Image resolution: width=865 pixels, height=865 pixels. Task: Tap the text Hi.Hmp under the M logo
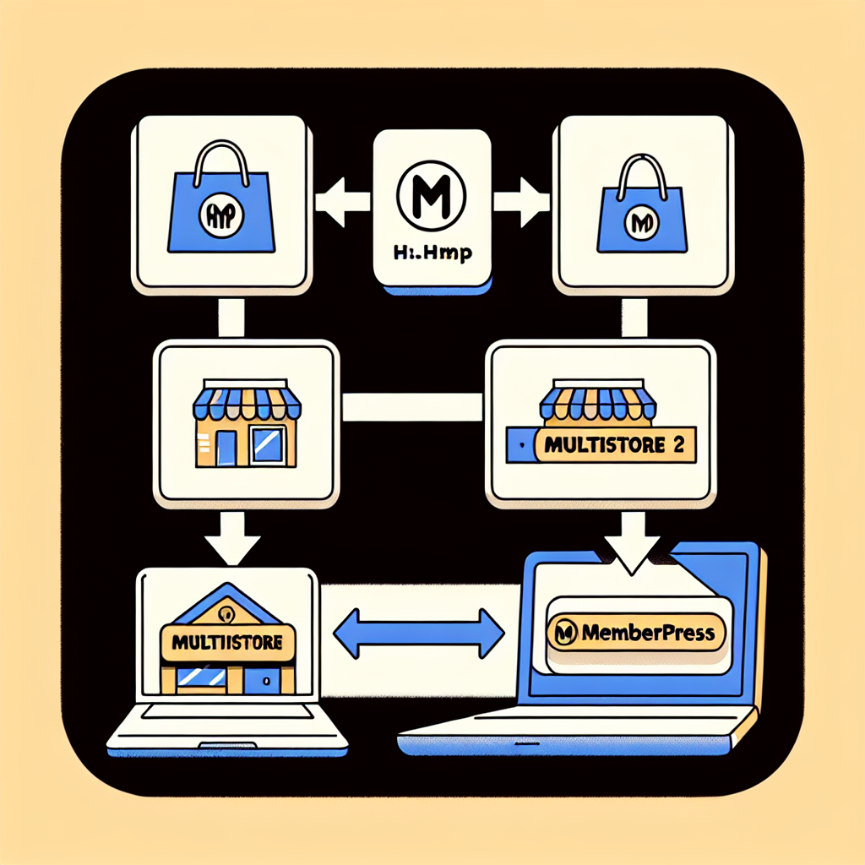point(432,252)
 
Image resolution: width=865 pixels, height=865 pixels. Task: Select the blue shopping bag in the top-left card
point(221,210)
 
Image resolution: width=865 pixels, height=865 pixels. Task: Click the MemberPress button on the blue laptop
point(636,632)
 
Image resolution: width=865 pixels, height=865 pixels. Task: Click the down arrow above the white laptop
point(232,540)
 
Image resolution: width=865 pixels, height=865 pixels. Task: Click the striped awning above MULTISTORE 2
point(601,400)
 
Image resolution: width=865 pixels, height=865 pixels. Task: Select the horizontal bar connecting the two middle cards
point(413,407)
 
